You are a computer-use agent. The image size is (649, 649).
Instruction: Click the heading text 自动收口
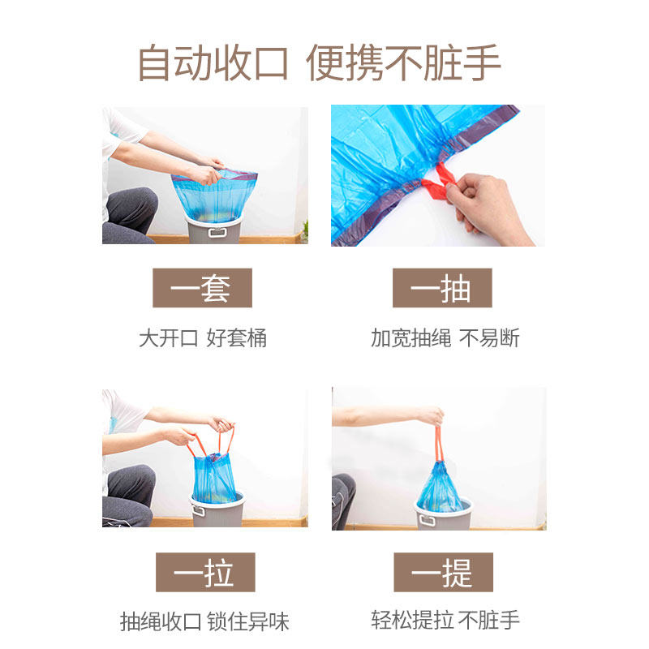(x=213, y=62)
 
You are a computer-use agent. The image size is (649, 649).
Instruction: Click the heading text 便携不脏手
(x=403, y=62)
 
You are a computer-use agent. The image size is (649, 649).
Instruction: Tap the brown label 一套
(x=202, y=288)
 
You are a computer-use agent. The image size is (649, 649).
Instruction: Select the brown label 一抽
(x=442, y=288)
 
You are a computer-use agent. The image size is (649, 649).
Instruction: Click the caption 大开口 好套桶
(x=202, y=338)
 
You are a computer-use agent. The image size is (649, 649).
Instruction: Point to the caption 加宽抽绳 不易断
(x=445, y=338)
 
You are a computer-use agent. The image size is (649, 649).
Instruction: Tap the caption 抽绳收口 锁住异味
(x=204, y=622)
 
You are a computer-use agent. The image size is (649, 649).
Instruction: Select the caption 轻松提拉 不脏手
(x=445, y=622)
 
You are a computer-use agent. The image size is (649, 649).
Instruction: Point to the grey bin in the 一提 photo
(x=443, y=517)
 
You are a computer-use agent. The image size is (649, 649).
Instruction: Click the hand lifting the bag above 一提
(x=432, y=416)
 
